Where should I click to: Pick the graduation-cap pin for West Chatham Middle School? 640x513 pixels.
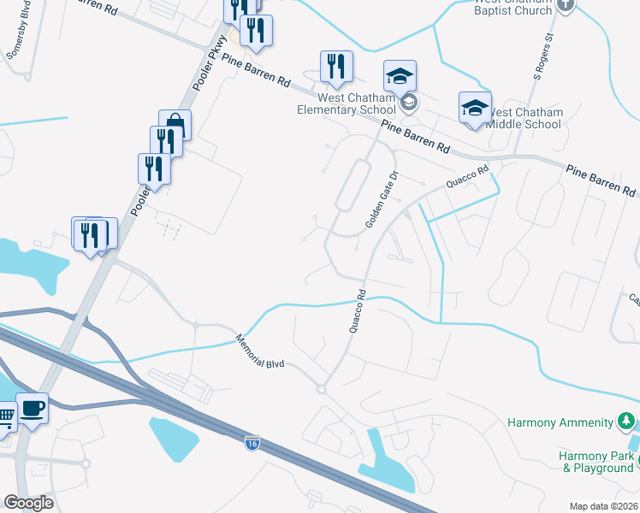pyautogui.click(x=475, y=108)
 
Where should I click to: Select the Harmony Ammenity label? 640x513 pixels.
pyautogui.click(x=560, y=422)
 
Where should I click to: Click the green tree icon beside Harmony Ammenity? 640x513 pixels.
pyautogui.click(x=626, y=422)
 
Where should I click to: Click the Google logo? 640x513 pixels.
pyautogui.click(x=28, y=503)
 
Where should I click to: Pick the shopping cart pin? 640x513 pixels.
pyautogui.click(x=4, y=417)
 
